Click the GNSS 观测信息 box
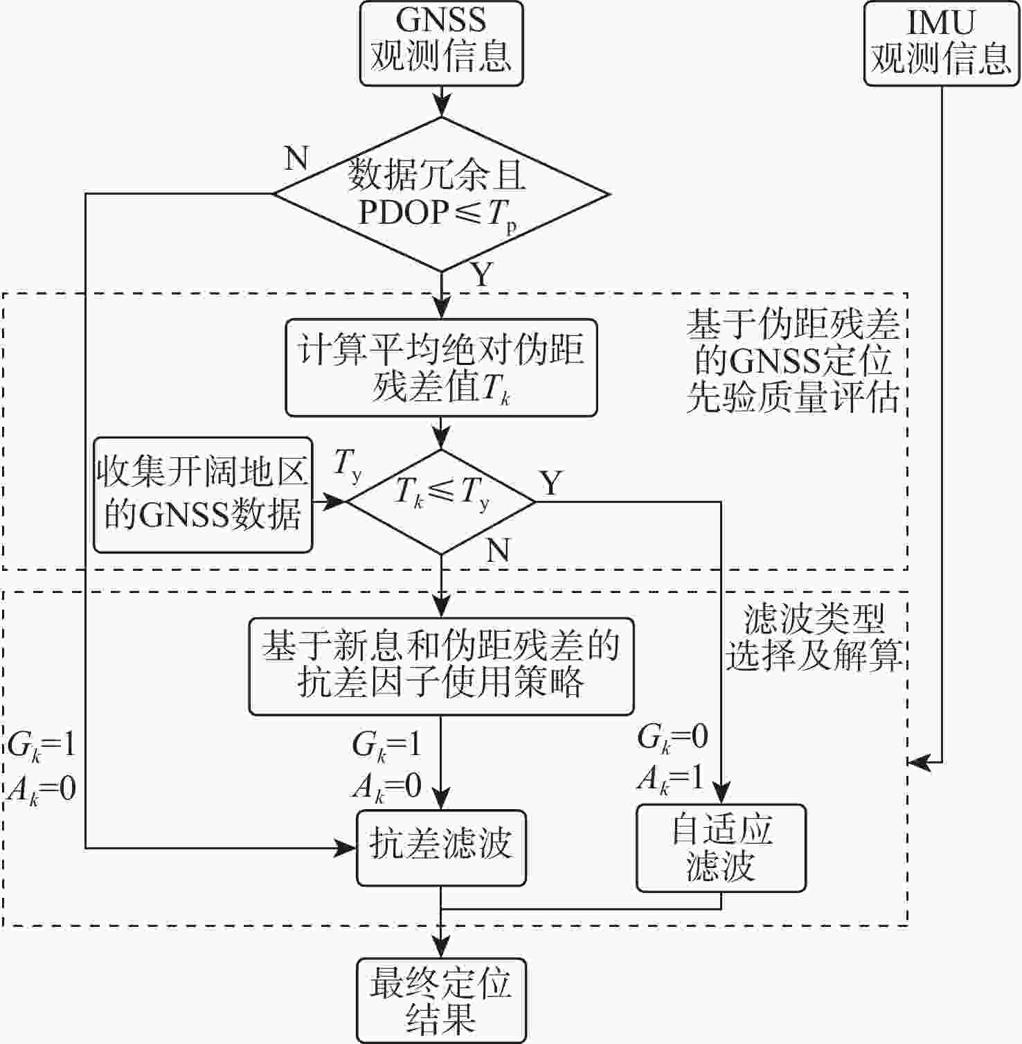coord(441,42)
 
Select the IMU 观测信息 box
coord(941,43)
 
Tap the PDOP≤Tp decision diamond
coord(441,194)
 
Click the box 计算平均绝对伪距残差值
coord(441,367)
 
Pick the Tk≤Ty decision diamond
coord(441,501)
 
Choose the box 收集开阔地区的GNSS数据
coord(203,494)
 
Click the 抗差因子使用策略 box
coord(441,666)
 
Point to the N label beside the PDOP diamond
coord(296,159)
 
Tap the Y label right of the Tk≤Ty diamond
coord(551,483)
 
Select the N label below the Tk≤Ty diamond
coord(498,551)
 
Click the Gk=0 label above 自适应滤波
coord(672,738)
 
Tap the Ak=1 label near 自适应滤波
coord(671,780)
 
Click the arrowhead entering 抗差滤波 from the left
coord(346,847)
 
